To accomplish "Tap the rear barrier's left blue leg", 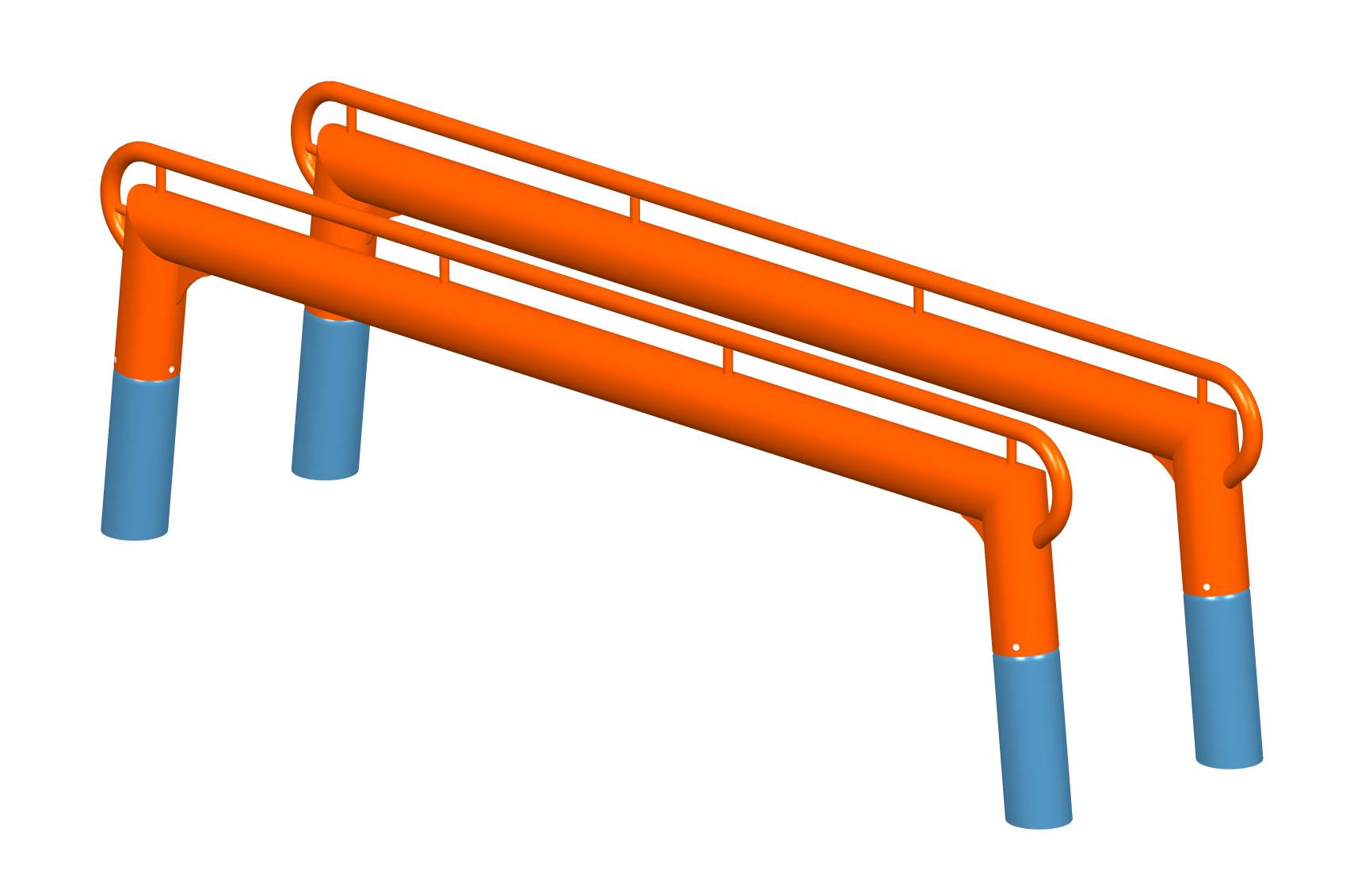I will [x=329, y=396].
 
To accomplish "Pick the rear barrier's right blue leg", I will [x=1224, y=678].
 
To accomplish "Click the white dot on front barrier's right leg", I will [x=1016, y=647].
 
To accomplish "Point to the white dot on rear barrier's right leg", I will [x=1207, y=587].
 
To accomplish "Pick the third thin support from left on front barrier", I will [x=727, y=361].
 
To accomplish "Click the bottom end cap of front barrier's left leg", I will [x=135, y=533].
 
